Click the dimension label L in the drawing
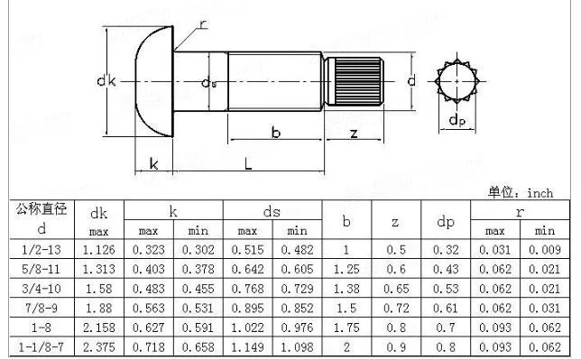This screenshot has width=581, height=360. pos(247,163)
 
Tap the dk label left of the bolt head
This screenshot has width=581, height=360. pos(106,82)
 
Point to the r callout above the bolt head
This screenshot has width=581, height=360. pos(203,24)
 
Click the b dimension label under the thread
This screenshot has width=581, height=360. pos(276,134)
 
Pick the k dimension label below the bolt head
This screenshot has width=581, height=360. pos(154,163)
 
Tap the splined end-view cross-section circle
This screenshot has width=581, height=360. pos(458,82)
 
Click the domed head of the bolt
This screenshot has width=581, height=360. pos(152,82)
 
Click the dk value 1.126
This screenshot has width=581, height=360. pos(100,249)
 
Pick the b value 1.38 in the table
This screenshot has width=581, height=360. pos(347,288)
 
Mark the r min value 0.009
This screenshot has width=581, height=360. pos(543,249)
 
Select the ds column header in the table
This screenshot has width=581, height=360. pos(272,211)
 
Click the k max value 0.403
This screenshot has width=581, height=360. pos(150,269)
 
